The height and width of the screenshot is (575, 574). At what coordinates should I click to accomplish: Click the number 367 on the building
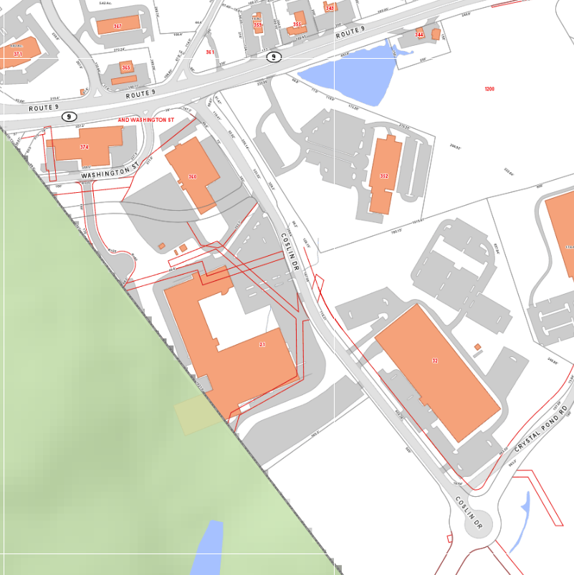click(x=118, y=26)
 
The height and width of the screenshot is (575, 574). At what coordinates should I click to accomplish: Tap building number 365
click(x=126, y=68)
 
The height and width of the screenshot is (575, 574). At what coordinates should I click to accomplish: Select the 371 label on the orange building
click(x=17, y=54)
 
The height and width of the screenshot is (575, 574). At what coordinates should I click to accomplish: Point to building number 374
click(x=85, y=146)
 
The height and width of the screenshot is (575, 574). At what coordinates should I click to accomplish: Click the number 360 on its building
click(x=192, y=176)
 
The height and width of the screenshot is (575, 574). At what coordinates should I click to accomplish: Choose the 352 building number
click(x=384, y=176)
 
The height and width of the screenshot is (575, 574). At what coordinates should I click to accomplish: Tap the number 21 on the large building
click(x=262, y=345)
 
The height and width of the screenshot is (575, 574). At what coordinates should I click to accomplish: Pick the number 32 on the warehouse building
click(x=435, y=360)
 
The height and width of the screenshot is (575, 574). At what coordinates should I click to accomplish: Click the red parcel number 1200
click(x=489, y=89)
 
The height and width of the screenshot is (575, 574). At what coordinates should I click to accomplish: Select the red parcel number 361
click(x=210, y=52)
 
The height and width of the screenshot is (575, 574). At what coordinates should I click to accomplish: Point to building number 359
click(x=257, y=24)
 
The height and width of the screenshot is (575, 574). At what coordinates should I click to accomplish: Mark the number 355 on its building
click(x=297, y=25)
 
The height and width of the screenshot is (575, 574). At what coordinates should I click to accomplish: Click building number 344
click(x=419, y=34)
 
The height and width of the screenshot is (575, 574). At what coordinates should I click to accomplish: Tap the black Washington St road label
click(x=108, y=173)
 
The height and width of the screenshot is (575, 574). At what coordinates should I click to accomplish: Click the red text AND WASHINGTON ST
click(x=146, y=120)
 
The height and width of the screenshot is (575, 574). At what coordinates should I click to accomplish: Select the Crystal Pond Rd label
click(x=540, y=429)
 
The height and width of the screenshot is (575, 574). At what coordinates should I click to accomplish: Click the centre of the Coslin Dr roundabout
click(x=479, y=524)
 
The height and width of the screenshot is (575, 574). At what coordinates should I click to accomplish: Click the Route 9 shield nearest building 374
click(x=69, y=116)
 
